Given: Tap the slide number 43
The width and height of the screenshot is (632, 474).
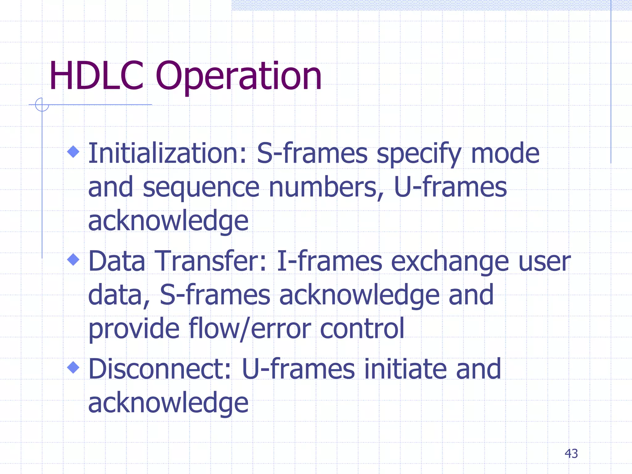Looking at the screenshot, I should point(571,454).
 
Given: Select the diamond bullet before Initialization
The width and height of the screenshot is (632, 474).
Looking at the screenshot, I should point(73,152).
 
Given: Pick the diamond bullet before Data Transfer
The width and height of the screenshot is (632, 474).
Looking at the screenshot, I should point(73,259).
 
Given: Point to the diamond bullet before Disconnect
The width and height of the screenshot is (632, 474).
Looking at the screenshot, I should point(73,367).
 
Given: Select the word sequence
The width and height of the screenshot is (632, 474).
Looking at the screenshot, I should point(201,188).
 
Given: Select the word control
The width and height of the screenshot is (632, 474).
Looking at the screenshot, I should point(362,328).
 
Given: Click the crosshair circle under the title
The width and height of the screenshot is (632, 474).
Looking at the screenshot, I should point(42,105).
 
